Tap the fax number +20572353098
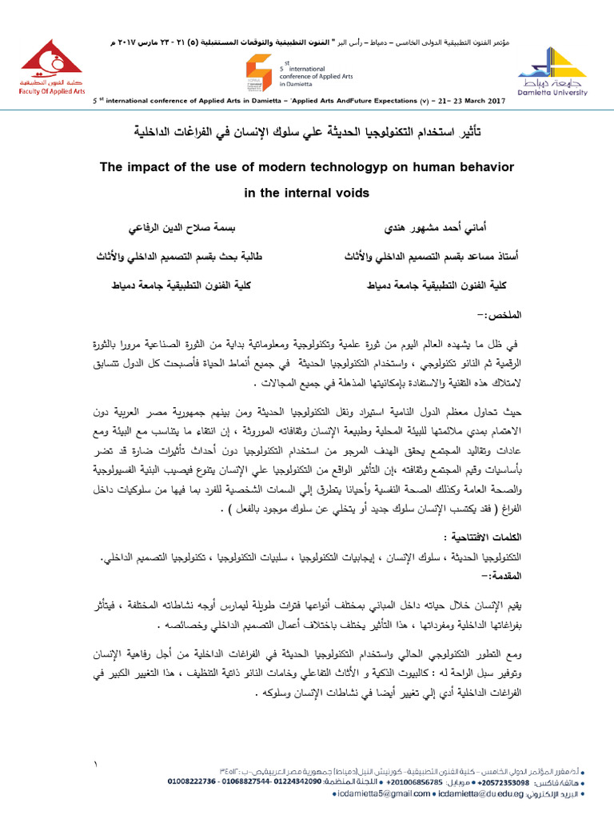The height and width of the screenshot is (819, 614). (x=510, y=781)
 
